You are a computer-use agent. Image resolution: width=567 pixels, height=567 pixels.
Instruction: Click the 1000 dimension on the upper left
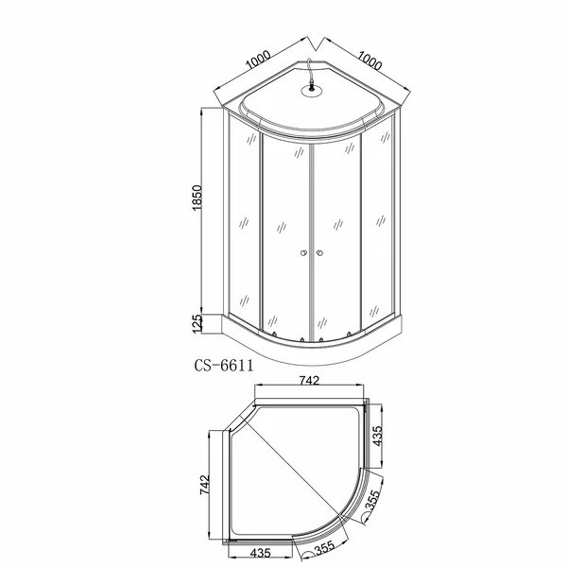point(255,64)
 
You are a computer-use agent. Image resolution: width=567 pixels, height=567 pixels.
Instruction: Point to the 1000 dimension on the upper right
point(369,63)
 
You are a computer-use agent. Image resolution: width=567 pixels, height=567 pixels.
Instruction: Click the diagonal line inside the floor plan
point(298,472)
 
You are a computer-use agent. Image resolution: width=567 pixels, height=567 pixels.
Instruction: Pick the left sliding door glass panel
point(283,236)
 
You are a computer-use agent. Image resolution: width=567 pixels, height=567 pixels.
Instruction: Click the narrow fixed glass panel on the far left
point(244,227)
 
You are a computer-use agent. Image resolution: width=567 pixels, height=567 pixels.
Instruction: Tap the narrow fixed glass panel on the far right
point(381,227)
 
